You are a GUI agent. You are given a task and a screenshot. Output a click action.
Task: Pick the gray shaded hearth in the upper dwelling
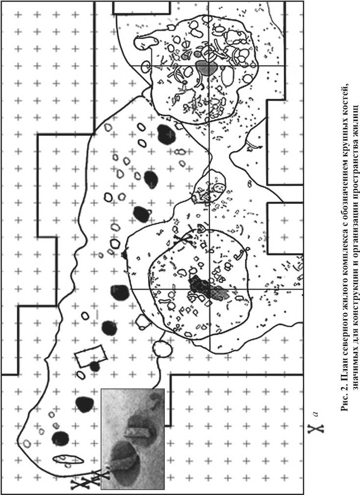pyautogui.click(x=206, y=67)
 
